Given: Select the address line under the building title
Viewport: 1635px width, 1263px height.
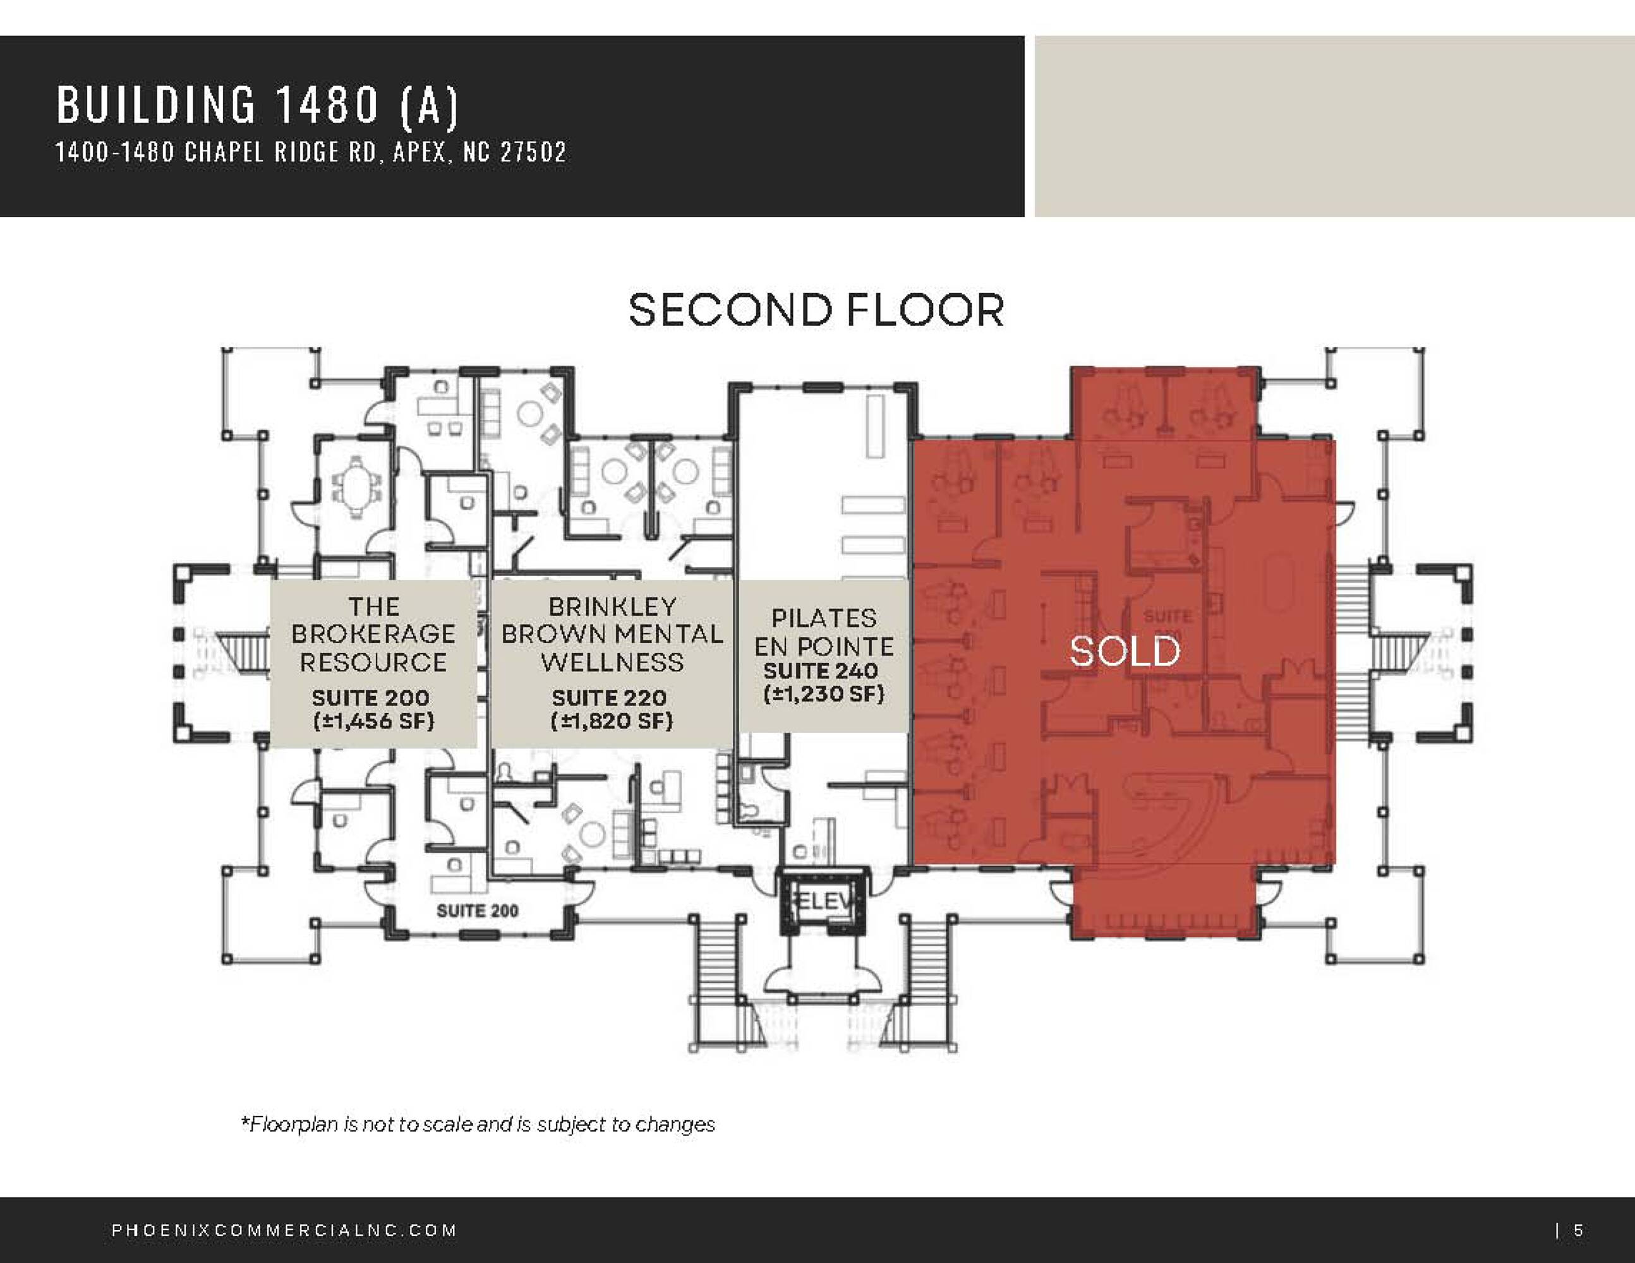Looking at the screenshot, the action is tap(311, 152).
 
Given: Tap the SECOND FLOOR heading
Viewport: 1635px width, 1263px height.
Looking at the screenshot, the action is tap(816, 311).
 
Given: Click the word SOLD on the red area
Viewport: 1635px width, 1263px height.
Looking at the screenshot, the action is tap(1125, 651).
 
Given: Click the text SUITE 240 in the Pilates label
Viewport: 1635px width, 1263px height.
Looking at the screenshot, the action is tap(821, 671).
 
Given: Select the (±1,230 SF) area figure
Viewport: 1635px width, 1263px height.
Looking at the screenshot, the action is tap(823, 693).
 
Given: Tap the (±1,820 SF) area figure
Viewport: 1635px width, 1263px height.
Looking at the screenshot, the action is tap(612, 721).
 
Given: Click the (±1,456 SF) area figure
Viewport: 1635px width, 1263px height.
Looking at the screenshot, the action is tap(373, 721).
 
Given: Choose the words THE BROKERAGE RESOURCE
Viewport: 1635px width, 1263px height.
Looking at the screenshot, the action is tap(373, 635).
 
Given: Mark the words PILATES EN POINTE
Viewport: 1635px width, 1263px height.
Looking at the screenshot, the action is tap(823, 632).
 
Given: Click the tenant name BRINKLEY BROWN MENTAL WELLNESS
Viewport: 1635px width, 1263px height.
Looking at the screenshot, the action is tap(612, 635).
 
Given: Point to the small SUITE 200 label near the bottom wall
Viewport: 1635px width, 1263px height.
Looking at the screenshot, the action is tap(478, 911).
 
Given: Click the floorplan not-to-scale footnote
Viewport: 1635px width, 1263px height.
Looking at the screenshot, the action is tap(478, 1125).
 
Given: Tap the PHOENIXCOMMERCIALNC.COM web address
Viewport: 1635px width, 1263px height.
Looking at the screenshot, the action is tap(284, 1230).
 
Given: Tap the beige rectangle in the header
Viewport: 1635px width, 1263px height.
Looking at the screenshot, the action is tap(1335, 126).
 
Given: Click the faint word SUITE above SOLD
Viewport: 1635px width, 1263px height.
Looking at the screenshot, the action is tap(1167, 616).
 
